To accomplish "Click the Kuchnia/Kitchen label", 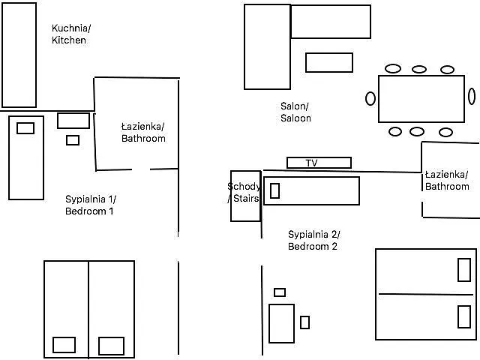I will (x=70, y=34).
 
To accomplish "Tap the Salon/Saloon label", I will (x=295, y=112).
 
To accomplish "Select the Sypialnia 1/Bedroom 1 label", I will (x=91, y=205).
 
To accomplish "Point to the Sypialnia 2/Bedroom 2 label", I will (x=313, y=240).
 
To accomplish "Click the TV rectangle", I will (x=319, y=163).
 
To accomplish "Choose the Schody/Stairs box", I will (x=244, y=196).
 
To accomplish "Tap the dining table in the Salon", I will (x=421, y=98).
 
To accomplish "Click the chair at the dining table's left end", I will (x=370, y=98).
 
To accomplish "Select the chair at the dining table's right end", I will (x=472, y=96).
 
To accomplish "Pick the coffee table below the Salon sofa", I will (x=328, y=62).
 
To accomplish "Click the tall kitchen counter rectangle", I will (x=19, y=55).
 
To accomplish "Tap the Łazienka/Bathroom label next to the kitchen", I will (x=143, y=133).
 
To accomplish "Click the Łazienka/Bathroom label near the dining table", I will (x=447, y=181).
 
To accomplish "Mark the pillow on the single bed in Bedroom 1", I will (x=25, y=128).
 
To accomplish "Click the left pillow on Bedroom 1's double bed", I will (x=64, y=345).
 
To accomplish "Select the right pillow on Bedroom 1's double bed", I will (x=111, y=346).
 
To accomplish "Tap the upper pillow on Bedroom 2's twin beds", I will (x=464, y=270).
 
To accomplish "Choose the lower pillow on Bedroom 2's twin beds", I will (x=464, y=316).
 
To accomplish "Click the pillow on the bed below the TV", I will (x=274, y=190).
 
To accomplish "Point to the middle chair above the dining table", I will (x=419, y=69).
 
